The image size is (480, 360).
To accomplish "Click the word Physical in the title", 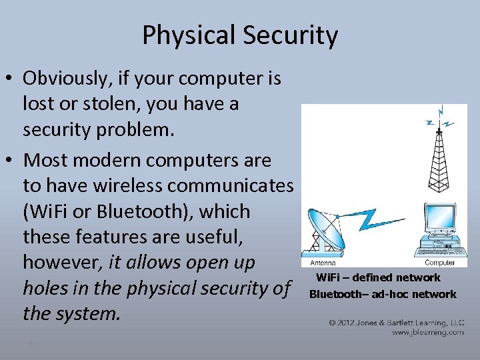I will [182, 35].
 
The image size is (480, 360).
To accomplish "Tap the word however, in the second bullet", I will [60, 263].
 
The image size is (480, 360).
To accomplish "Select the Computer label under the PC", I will [439, 263].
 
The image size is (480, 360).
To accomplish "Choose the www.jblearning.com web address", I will [427, 331].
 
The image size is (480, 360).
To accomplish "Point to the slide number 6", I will [30, 343].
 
